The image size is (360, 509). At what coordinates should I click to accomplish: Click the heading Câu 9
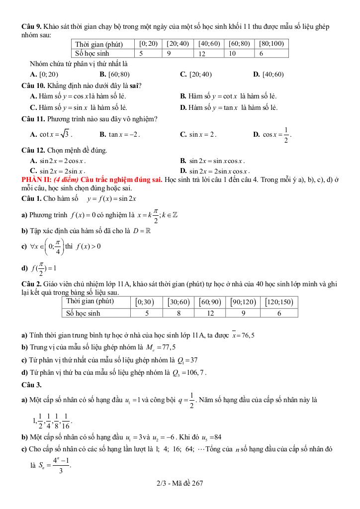click(32, 26)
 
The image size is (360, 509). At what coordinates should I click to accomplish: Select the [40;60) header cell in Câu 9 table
click(209, 44)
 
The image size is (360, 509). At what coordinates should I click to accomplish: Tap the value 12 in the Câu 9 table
click(202, 54)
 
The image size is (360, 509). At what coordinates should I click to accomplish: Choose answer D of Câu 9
click(269, 75)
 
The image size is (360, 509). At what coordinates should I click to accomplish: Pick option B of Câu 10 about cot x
click(228, 96)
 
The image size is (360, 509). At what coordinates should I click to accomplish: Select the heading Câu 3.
click(31, 385)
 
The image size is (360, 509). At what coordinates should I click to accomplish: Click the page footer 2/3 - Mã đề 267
click(180, 483)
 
